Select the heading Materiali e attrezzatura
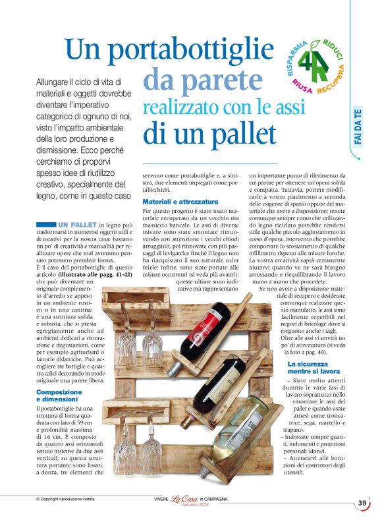pyautogui.click(x=180, y=200)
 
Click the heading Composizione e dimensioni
pyautogui.click(x=63, y=395)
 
